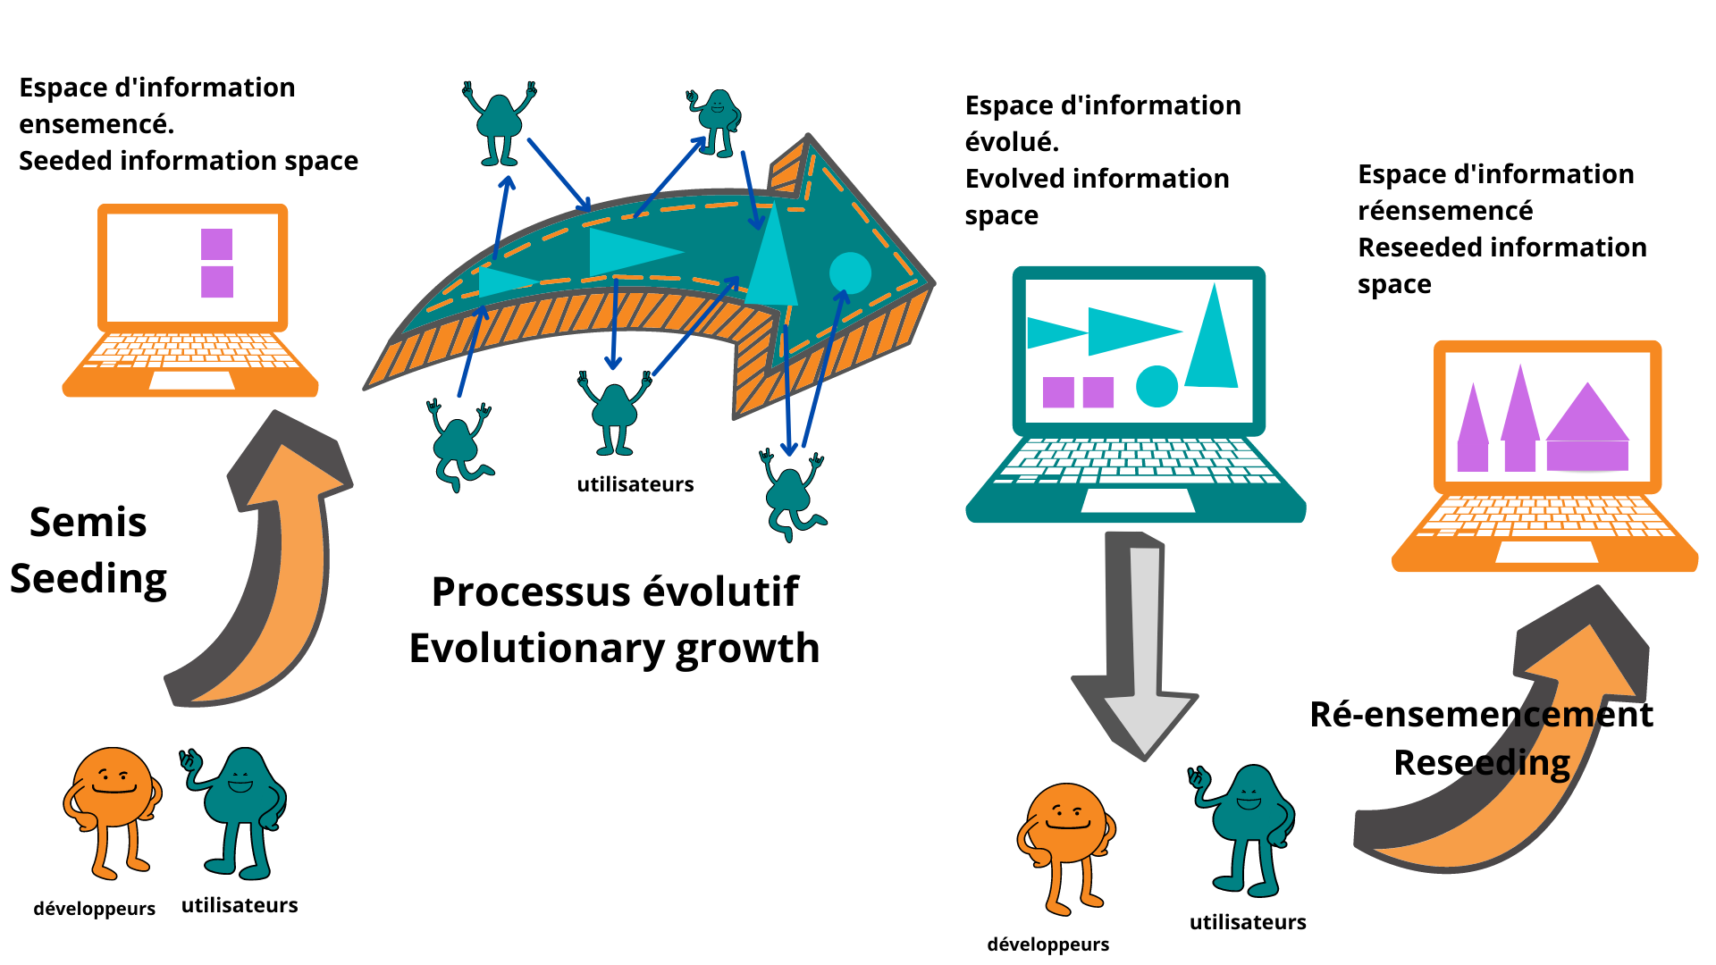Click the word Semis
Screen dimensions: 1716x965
coord(88,522)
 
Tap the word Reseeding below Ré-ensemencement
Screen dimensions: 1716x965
coord(1482,762)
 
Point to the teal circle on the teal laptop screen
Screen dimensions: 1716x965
coord(1157,386)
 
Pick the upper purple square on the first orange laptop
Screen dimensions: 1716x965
coord(217,244)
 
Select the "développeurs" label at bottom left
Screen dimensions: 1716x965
coord(95,909)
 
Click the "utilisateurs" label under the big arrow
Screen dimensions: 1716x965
coord(635,484)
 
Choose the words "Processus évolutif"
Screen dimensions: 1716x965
coord(615,592)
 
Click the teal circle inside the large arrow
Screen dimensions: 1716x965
coord(850,273)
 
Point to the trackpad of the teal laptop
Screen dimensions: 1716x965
coord(1138,500)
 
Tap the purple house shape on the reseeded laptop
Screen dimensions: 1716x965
coord(1587,427)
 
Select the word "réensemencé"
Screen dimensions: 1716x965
coord(1445,211)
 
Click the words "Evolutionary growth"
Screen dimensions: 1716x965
coord(615,649)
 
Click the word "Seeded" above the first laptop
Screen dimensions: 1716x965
coord(65,161)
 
